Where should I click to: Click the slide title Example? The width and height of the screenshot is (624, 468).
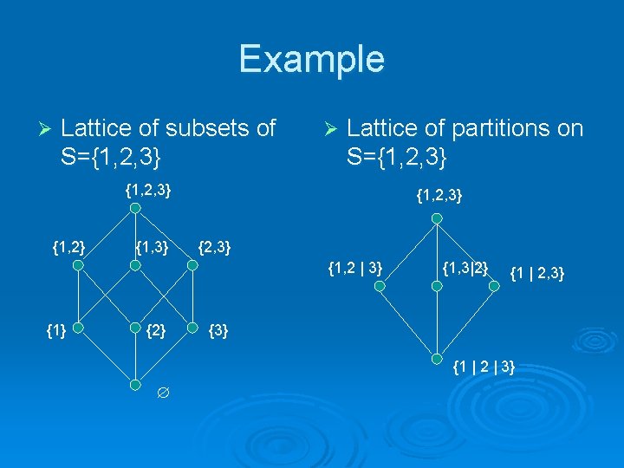311,59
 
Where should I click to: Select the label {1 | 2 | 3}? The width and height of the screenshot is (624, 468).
484,367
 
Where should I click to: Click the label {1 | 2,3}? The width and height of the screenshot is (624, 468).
537,274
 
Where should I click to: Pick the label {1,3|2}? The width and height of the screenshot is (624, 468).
466,265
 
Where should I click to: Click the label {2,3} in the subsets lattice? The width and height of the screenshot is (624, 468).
214,250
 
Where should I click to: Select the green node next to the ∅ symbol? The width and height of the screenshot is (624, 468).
133,384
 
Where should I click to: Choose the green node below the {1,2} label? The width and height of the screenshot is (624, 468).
77,267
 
